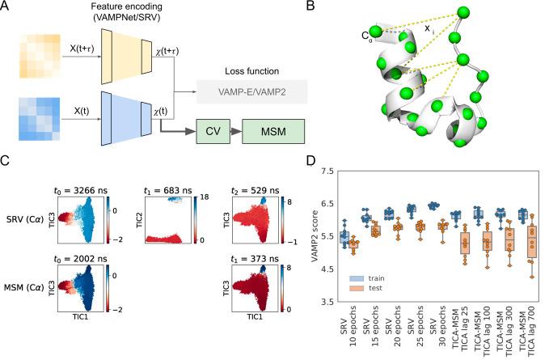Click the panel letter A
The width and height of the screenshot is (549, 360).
[x=8, y=6]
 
